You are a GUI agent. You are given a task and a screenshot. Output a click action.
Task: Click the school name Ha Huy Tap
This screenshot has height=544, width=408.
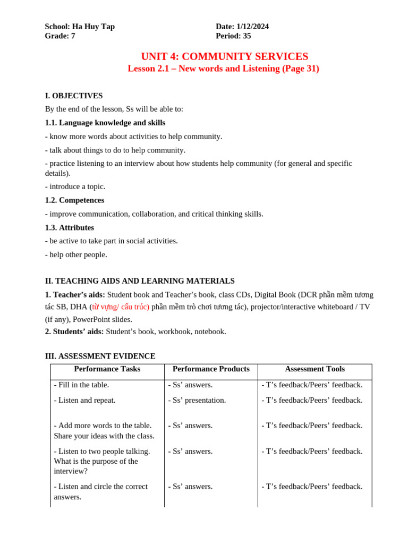coord(93,27)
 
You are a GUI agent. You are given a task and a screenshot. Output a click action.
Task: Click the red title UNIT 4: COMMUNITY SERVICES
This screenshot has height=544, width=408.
coord(224,56)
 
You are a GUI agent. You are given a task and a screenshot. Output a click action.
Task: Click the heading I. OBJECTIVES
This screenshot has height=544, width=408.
coord(74,96)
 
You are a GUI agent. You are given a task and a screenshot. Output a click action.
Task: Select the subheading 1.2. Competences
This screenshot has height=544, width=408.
coord(74,200)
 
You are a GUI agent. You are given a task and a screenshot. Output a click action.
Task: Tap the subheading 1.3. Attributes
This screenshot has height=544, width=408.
coord(70,227)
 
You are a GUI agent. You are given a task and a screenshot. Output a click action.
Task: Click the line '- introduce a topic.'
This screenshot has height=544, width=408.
coord(75,186)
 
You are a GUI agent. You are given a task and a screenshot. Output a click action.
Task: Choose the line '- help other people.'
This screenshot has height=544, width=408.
coord(76,254)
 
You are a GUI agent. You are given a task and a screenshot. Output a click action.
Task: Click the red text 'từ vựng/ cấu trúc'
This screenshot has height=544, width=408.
coord(121,307)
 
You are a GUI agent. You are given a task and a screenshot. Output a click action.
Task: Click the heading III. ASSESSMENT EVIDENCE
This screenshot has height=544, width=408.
coord(100,356)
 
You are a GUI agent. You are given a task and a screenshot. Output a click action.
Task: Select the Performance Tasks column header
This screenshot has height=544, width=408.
coord(107,369)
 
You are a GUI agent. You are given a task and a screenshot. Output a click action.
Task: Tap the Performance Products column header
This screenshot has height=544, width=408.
coord(211,369)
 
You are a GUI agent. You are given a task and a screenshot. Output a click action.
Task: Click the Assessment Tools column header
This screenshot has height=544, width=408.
coord(314,369)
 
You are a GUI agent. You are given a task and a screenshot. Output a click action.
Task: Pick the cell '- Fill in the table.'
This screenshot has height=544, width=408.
coord(81,385)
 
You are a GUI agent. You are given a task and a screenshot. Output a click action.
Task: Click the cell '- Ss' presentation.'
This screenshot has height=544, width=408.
coord(197,400)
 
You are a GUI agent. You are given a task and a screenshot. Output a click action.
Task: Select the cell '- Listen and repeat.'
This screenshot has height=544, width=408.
coord(84,400)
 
